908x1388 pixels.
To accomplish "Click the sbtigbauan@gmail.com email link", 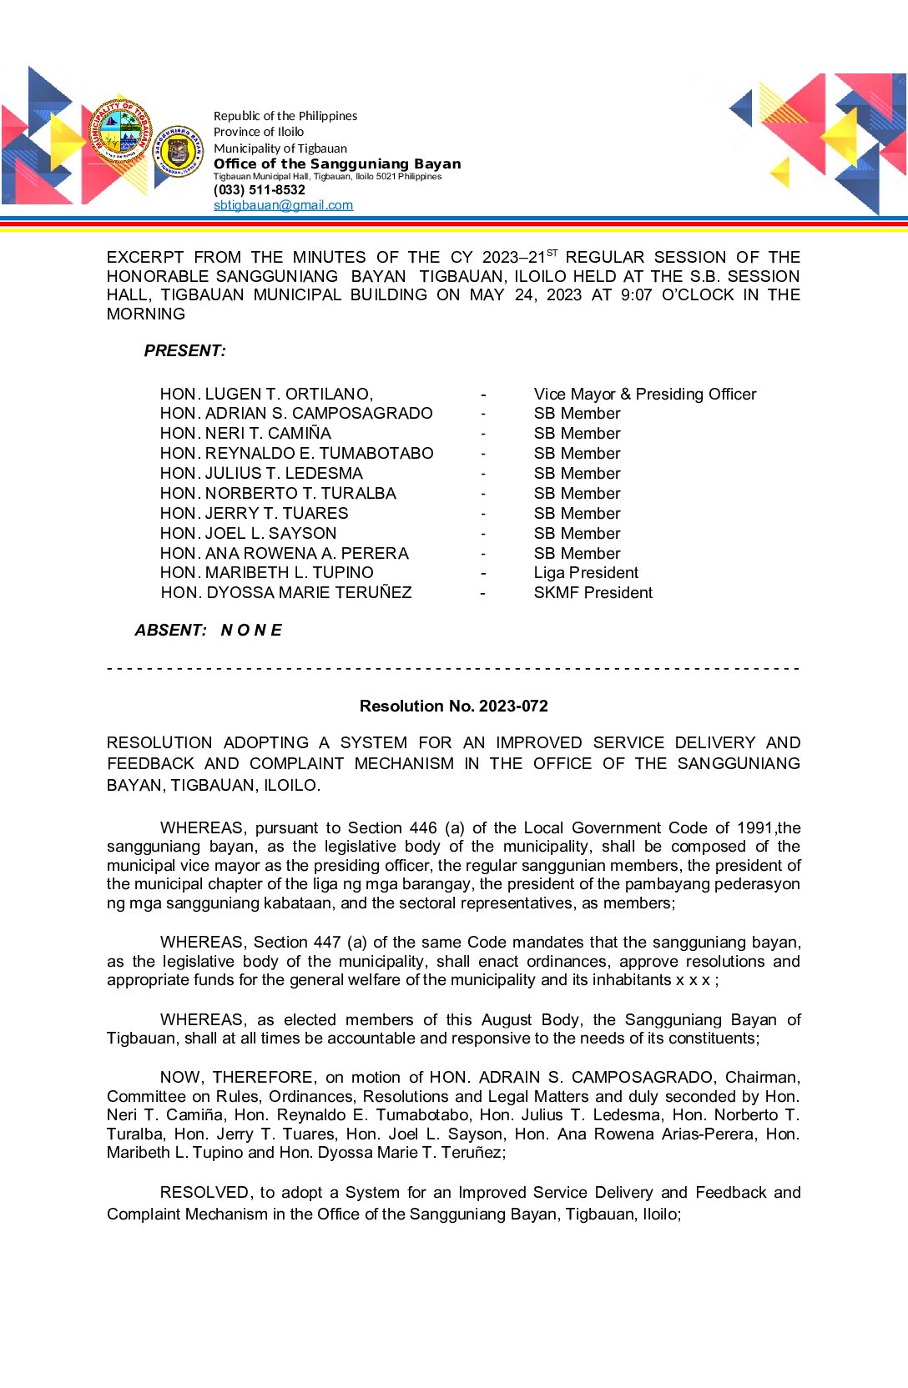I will [x=283, y=205].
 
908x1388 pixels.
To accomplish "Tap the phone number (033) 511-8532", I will [x=260, y=190].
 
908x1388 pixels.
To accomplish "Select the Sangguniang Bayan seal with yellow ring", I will [x=178, y=152].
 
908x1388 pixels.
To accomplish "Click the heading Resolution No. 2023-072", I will [x=453, y=706].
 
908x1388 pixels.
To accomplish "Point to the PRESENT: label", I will [x=184, y=351].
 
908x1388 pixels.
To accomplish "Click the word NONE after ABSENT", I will [x=251, y=631].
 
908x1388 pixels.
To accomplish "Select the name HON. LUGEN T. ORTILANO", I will [x=266, y=394].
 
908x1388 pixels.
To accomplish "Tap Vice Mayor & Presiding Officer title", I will [x=644, y=394].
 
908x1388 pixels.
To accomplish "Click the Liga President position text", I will [x=586, y=573].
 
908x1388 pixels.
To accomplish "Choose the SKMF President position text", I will [x=593, y=593].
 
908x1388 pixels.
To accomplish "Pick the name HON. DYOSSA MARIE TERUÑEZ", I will [x=286, y=593].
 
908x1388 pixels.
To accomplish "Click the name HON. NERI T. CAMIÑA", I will [x=245, y=434].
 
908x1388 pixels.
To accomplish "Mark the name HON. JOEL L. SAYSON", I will [x=248, y=533].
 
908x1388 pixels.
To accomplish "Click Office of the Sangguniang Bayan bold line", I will [x=337, y=164].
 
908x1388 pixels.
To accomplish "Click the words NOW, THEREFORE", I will [x=238, y=1077].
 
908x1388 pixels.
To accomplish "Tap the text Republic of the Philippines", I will [x=285, y=116].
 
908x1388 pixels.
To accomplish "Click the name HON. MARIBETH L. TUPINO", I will [x=266, y=573].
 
